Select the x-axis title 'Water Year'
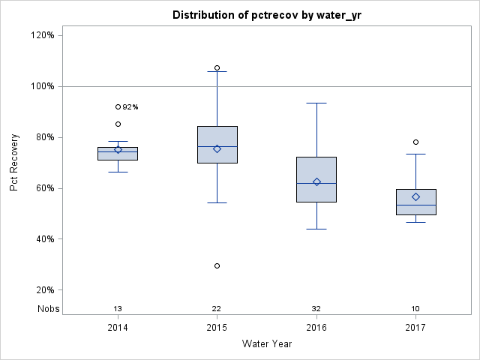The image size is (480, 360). coord(266,344)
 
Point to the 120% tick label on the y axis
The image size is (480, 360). coord(41,35)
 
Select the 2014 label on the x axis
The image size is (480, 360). coord(118,328)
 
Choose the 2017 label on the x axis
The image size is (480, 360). coord(415,328)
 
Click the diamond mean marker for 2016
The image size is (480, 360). coord(316,181)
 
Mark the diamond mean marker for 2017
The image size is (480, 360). coord(415,196)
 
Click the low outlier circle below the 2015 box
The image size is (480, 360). coord(217,265)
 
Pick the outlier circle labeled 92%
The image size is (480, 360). coord(118,106)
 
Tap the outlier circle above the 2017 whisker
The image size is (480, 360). coord(415,142)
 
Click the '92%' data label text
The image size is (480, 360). coord(130,107)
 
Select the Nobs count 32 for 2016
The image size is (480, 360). coord(316,309)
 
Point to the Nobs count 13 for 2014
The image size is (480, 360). coord(118,309)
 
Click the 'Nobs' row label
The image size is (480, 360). coord(49,309)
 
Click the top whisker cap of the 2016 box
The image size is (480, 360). coord(316,103)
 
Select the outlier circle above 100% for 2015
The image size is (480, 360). coord(217,67)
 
